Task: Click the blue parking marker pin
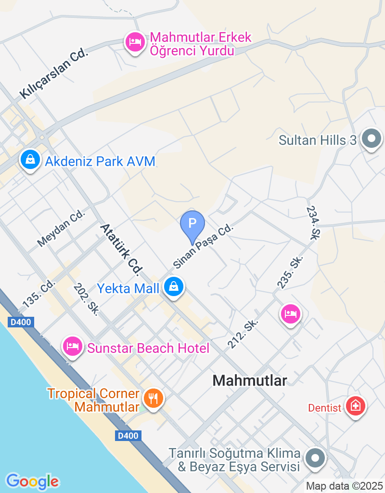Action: (192, 224)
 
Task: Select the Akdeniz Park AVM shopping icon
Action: (30, 159)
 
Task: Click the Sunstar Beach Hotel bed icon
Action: (73, 346)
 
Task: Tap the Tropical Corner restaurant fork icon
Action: (154, 398)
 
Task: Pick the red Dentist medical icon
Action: (356, 406)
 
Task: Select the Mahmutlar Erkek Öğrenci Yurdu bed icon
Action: (135, 42)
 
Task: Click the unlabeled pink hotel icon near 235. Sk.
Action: (290, 314)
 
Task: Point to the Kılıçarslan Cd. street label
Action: (54, 74)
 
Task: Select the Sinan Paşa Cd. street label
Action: (203, 246)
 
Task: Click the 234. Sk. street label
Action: (313, 223)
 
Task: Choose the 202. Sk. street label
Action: (86, 299)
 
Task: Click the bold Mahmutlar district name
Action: (250, 381)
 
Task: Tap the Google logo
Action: (32, 481)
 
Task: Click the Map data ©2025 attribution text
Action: (345, 486)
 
